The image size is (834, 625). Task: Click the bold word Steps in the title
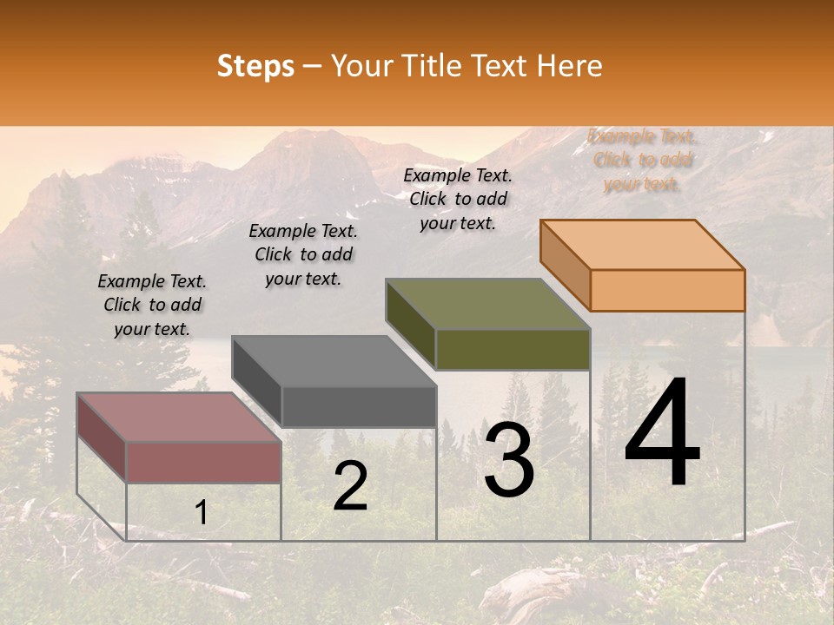pos(255,66)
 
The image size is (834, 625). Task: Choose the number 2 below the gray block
pos(350,486)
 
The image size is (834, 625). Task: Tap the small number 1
pos(201,513)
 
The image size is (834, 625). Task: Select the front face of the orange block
pos(667,290)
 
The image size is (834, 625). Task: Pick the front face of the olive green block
pos(513,350)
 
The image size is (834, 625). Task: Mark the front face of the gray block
pos(359,406)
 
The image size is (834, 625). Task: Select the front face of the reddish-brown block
pos(203,462)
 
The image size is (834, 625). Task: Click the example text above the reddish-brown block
pos(152,305)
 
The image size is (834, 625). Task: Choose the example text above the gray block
pos(303,254)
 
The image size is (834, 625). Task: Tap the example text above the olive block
pos(458,199)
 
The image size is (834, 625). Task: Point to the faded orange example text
pos(642,160)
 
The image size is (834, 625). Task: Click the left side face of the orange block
pos(566,264)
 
